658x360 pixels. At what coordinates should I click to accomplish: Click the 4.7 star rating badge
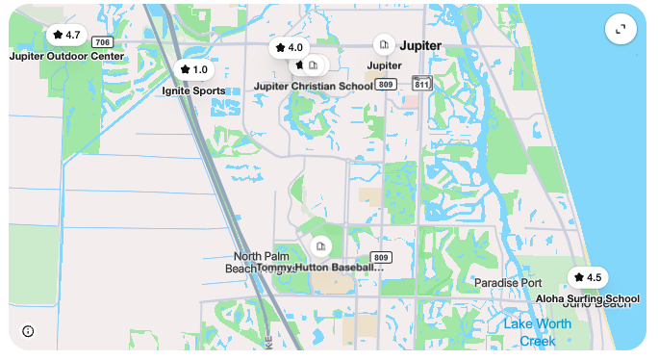click(x=66, y=35)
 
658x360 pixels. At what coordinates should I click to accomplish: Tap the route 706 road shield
click(x=102, y=42)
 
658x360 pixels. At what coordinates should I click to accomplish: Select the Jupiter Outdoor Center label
click(x=66, y=56)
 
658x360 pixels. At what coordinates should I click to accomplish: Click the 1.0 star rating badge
click(x=193, y=69)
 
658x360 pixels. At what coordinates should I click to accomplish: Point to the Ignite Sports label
click(x=193, y=90)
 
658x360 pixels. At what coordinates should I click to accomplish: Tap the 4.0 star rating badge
click(x=289, y=47)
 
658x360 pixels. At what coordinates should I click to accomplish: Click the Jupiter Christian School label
click(x=313, y=86)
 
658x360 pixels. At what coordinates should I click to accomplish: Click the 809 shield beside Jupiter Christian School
click(x=386, y=85)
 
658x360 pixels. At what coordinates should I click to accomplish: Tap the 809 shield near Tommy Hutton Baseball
click(x=381, y=257)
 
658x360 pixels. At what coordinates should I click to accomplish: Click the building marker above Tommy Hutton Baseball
click(x=321, y=246)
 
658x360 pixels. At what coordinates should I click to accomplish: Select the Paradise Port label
click(x=508, y=283)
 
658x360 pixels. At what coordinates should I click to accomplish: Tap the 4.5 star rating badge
click(x=587, y=277)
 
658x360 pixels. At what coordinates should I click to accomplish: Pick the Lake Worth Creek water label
click(x=537, y=332)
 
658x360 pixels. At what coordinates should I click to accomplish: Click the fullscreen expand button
click(x=620, y=29)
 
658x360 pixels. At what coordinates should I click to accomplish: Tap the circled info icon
click(x=28, y=331)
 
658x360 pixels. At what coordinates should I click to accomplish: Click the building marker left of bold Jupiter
click(x=383, y=44)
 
